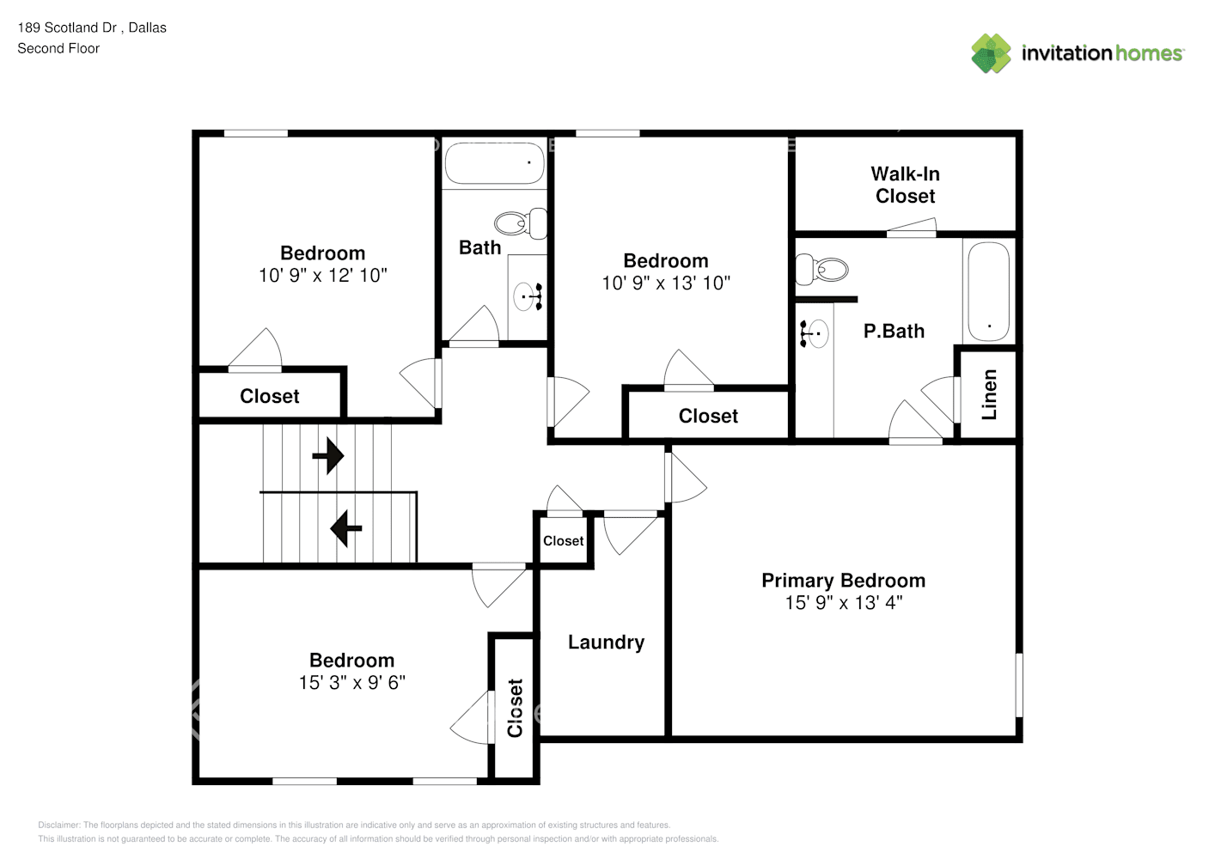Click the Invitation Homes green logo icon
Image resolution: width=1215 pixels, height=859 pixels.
tap(991, 53)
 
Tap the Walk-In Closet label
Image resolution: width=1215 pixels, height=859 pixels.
tap(906, 185)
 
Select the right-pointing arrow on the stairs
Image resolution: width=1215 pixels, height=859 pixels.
tap(328, 455)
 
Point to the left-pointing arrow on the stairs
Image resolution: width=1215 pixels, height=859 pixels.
tap(346, 528)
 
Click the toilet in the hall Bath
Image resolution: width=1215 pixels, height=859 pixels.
tap(521, 222)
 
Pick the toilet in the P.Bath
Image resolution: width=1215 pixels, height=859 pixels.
tap(821, 270)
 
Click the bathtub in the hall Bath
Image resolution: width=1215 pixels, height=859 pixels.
tap(494, 162)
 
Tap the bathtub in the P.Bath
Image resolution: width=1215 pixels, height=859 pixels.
tap(989, 291)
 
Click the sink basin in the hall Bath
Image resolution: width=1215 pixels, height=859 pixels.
tap(524, 296)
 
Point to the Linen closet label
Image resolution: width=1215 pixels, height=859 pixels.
tap(989, 394)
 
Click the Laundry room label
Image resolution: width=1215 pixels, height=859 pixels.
tap(606, 642)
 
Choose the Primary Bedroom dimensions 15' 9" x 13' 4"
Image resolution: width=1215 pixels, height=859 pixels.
tap(844, 602)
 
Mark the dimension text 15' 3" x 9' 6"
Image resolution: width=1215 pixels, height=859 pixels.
tap(352, 682)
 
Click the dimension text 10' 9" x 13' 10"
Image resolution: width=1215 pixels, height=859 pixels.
tap(666, 283)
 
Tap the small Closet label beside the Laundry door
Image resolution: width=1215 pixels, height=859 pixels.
tap(564, 540)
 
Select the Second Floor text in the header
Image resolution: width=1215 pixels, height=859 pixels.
tap(58, 48)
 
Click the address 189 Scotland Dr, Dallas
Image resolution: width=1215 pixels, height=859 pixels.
tap(92, 27)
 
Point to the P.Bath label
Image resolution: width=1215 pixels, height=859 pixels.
tap(894, 331)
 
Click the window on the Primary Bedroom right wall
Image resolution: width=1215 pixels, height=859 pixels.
tap(1019, 685)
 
